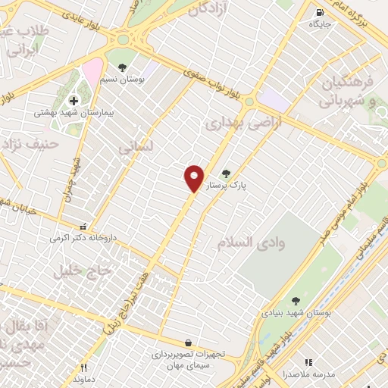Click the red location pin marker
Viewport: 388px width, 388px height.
(194, 178)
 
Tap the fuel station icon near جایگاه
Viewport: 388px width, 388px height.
(319, 11)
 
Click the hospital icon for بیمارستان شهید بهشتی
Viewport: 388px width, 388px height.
(74, 100)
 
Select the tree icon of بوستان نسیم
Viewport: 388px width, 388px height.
(122, 67)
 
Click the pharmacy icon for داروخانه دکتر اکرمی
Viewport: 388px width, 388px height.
(83, 226)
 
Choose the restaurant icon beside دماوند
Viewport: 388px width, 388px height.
(85, 368)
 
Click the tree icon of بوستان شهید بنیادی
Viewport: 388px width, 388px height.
(295, 301)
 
